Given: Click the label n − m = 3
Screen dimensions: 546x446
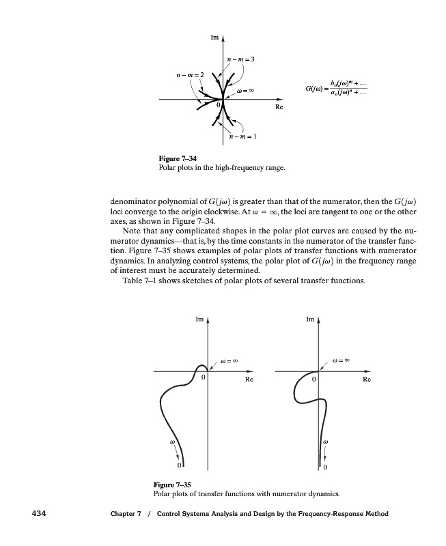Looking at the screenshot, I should (240, 61).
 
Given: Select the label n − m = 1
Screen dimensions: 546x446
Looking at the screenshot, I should (242, 137).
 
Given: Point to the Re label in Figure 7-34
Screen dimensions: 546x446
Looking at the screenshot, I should (279, 108).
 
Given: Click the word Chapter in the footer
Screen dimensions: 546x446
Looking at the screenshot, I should (126, 514).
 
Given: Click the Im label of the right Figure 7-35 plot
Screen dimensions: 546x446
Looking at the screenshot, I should (311, 319).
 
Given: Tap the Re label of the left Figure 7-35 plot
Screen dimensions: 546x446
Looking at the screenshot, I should (249, 378).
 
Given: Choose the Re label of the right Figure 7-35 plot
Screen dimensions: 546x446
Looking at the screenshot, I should (367, 378).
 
